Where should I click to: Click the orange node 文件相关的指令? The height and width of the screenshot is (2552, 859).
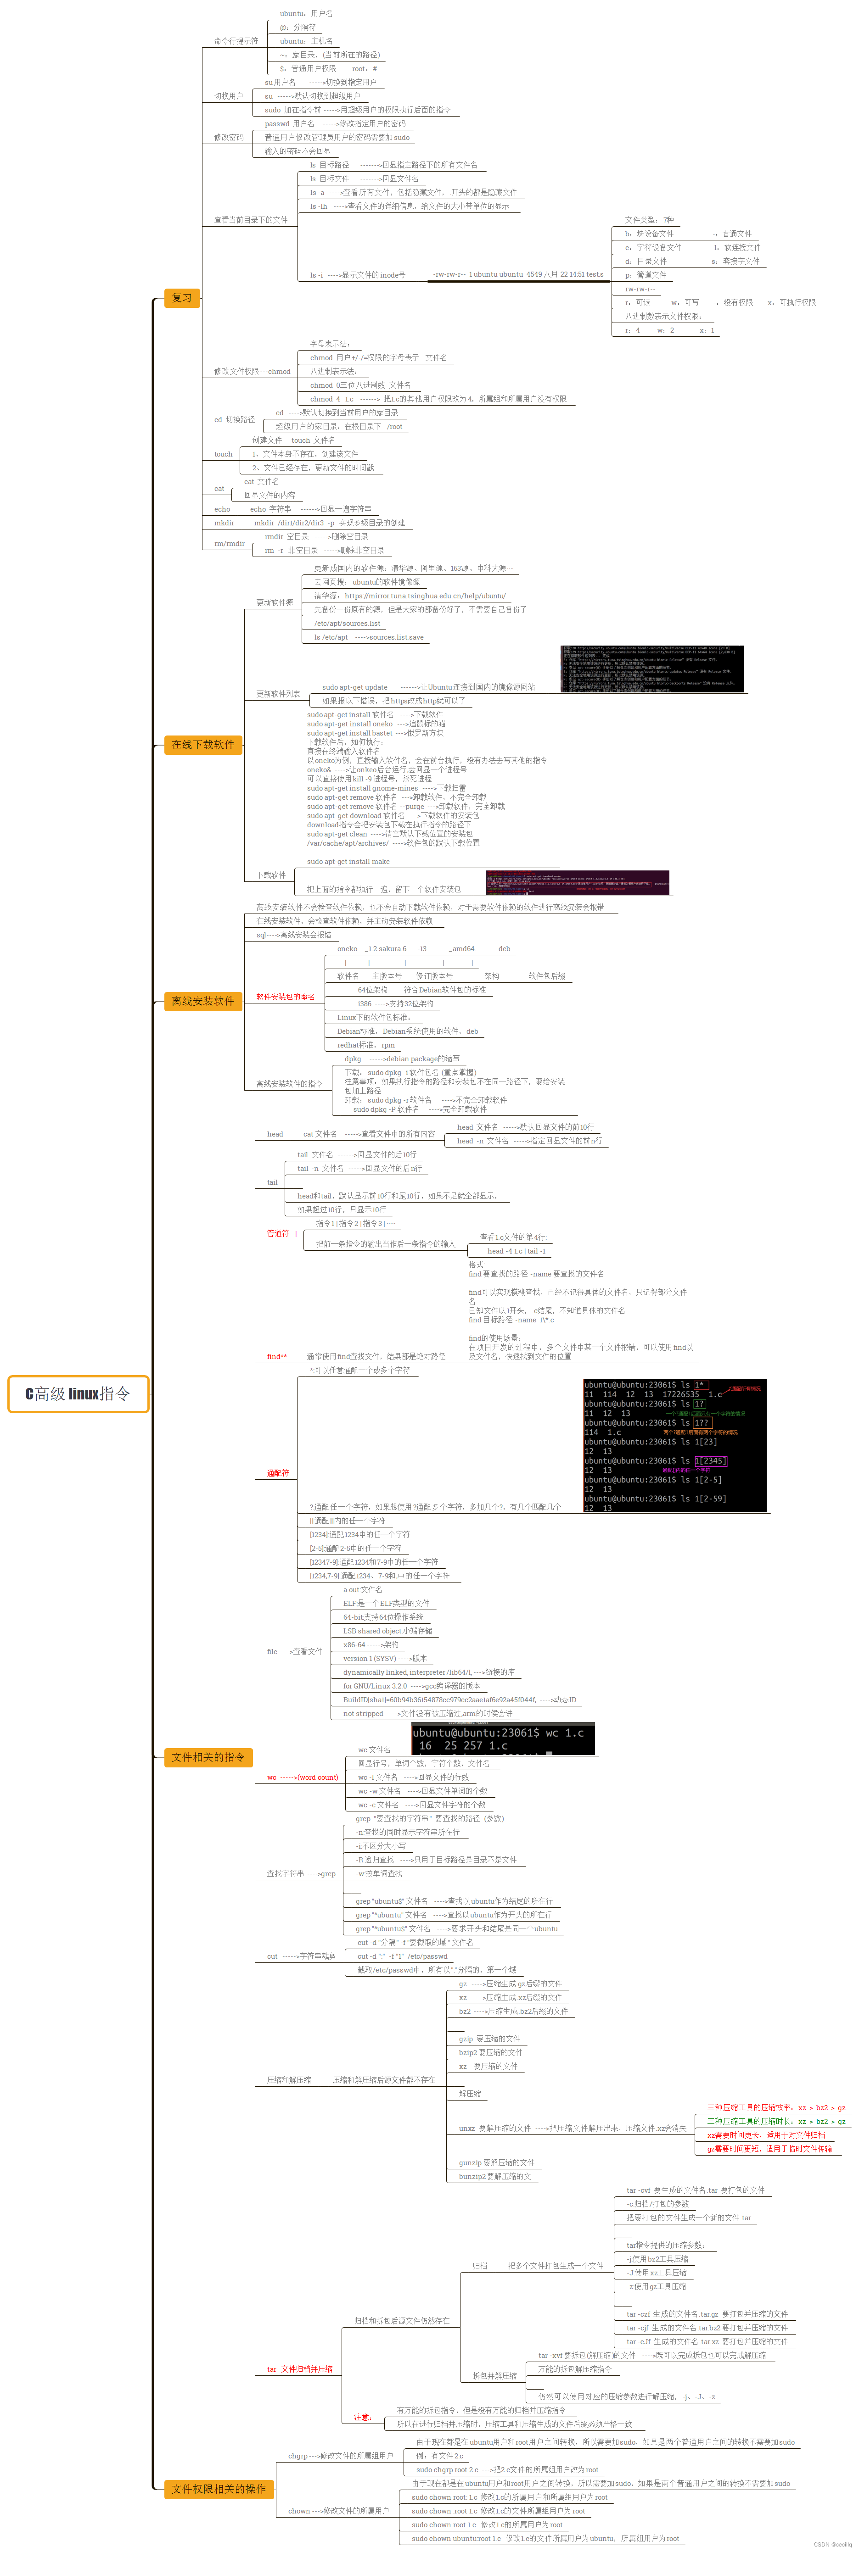[x=208, y=1756]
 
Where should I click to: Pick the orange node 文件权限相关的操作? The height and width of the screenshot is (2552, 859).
[x=218, y=2488]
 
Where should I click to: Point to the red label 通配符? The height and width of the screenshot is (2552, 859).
[x=278, y=1473]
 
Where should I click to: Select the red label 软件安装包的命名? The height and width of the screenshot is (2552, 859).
[x=286, y=997]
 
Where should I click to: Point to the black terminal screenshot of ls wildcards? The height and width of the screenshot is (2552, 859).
[x=675, y=1444]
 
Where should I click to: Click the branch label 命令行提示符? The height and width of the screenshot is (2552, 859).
[x=236, y=42]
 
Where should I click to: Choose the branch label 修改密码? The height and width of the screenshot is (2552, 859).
[x=229, y=138]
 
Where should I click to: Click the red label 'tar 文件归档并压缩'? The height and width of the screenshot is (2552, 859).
[x=299, y=2369]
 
